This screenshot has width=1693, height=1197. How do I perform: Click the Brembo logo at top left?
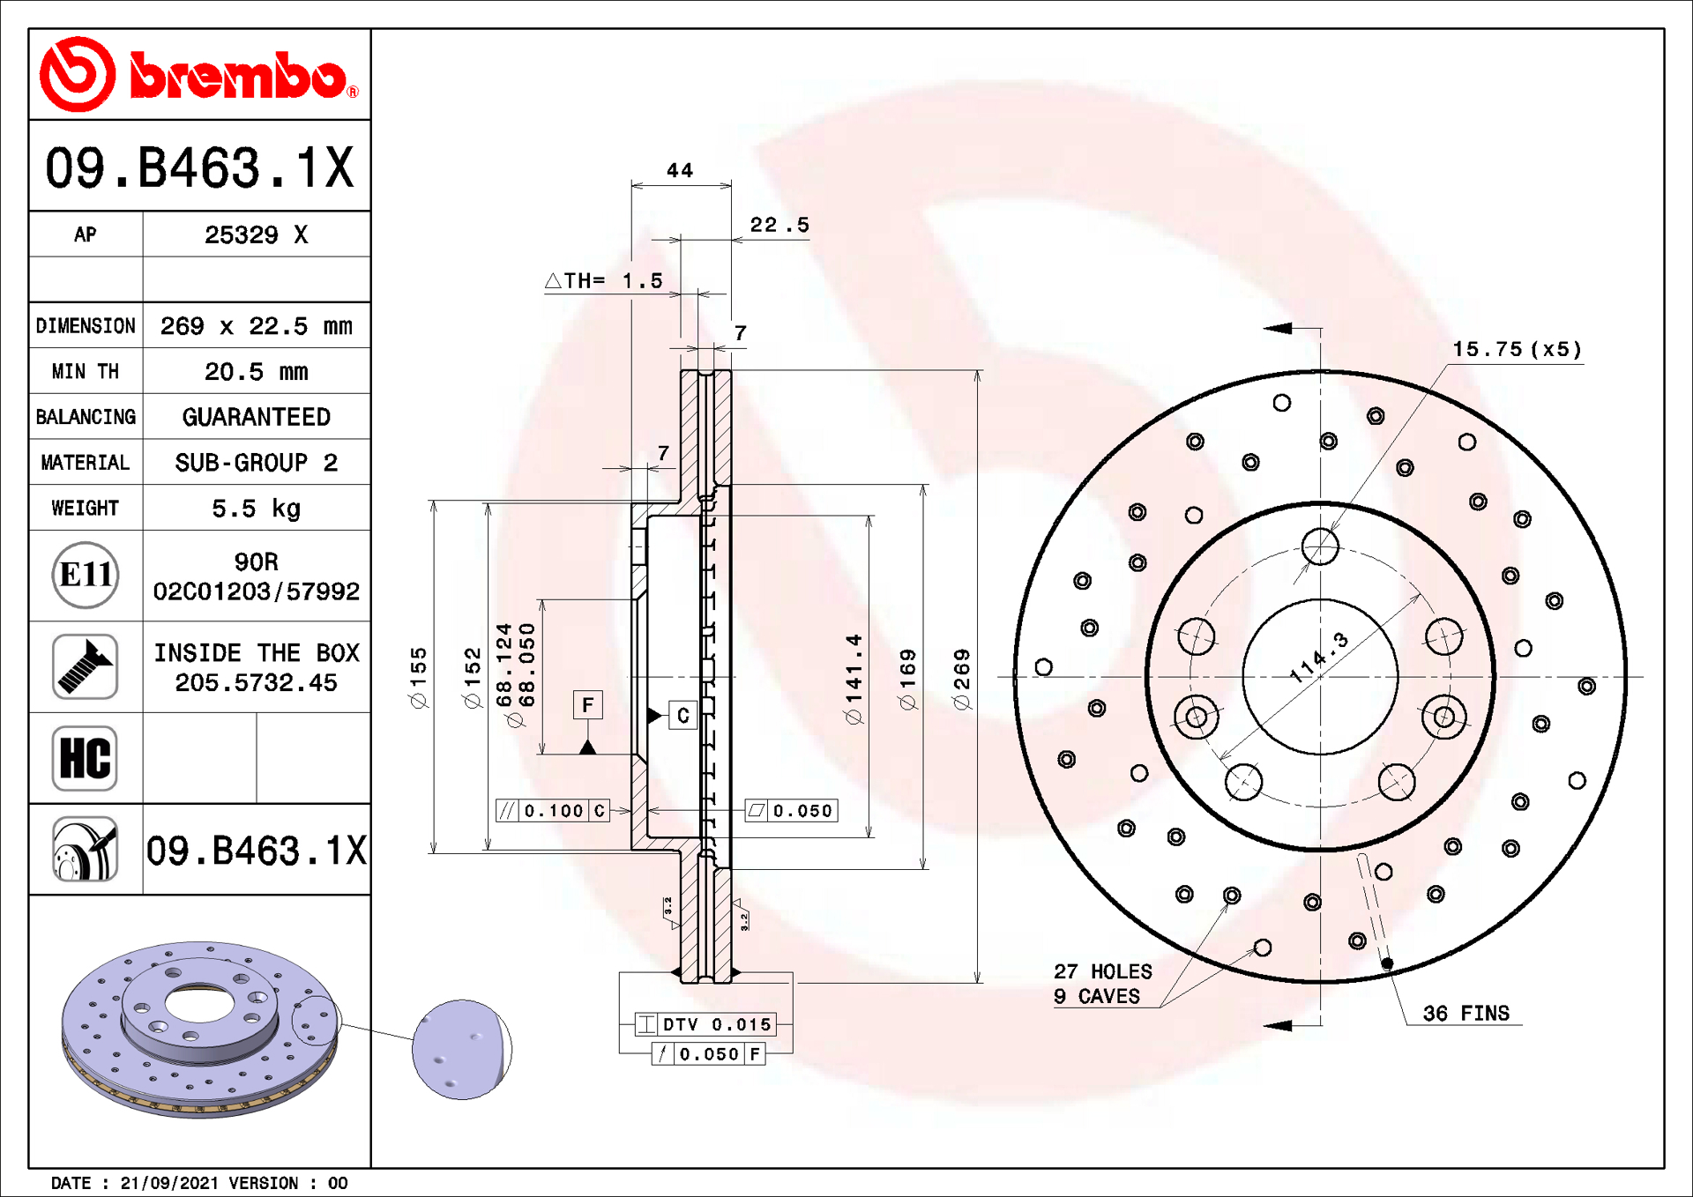click(199, 75)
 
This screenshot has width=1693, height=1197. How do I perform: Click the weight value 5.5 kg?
click(256, 509)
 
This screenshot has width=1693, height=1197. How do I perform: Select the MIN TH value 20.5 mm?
click(256, 372)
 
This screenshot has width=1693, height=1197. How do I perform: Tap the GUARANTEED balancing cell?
click(256, 417)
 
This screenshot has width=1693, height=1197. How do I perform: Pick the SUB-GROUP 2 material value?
click(256, 463)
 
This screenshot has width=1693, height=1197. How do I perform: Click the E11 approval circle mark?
click(86, 575)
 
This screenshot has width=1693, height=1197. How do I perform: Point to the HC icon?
click(85, 758)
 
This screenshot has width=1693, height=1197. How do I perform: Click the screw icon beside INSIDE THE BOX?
click(85, 666)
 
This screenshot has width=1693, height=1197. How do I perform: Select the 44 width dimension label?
click(680, 170)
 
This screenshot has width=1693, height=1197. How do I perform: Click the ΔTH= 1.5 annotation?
click(604, 281)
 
